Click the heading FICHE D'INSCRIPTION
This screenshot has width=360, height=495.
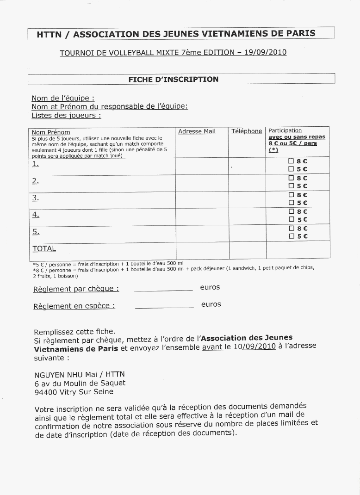(173, 80)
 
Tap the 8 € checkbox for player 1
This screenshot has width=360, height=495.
(291, 161)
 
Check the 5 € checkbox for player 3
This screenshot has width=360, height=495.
(291, 203)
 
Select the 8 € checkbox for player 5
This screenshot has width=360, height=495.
(291, 228)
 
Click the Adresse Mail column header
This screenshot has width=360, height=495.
(197, 131)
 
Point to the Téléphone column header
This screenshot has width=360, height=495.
(247, 131)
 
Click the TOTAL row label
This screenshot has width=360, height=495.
(44, 248)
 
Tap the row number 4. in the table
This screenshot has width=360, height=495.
(35, 215)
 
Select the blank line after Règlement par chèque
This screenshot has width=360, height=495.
(163, 290)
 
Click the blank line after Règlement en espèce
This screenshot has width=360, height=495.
(164, 307)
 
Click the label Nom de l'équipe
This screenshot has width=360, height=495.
(63, 98)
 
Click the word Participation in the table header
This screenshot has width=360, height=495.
(285, 130)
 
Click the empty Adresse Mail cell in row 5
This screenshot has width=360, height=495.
(201, 232)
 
